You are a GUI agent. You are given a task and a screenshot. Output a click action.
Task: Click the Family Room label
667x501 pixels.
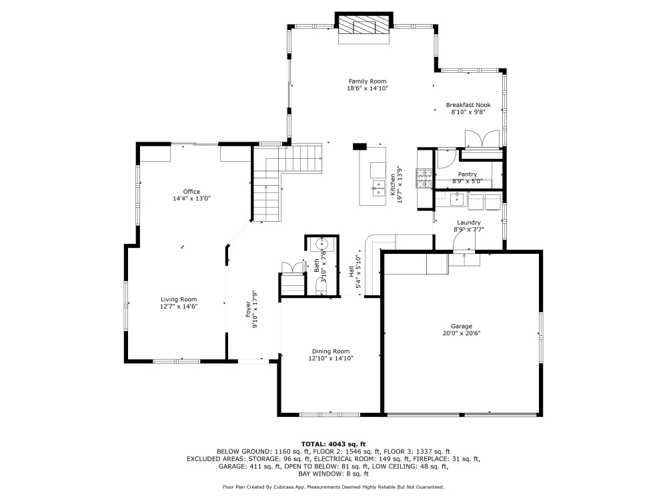point(368,81)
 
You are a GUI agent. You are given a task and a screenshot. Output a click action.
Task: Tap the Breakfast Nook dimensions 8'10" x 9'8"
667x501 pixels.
point(468,112)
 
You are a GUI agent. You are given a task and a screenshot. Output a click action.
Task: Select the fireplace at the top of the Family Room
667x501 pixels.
point(364,27)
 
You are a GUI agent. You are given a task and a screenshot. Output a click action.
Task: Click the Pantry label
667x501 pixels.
point(467,174)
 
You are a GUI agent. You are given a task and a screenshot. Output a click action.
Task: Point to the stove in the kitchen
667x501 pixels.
point(424,178)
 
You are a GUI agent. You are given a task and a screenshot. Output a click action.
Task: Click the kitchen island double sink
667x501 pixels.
point(378,188)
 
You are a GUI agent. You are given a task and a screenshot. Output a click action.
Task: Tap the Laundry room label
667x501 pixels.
point(469,222)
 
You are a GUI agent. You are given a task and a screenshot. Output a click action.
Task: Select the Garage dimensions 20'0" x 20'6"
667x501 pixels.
point(462,333)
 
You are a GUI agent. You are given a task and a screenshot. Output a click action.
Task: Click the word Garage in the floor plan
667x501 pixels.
point(462,327)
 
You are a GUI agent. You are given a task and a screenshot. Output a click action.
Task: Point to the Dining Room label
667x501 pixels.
point(331,351)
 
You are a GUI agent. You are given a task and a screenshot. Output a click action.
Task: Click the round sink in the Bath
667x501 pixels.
point(321,244)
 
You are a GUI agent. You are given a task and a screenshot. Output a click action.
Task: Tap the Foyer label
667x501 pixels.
point(248,309)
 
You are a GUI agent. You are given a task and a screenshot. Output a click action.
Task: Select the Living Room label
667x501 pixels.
point(179,299)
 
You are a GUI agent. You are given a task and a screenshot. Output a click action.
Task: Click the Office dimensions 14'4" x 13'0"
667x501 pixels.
point(191,198)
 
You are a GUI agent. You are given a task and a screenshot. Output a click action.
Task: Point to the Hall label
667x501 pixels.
point(352,272)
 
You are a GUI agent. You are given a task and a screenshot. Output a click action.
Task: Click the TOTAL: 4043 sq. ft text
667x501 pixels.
point(333,444)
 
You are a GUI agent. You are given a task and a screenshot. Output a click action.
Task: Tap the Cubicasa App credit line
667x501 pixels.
point(333,487)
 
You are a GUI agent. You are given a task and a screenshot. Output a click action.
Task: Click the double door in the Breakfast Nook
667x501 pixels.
point(482,139)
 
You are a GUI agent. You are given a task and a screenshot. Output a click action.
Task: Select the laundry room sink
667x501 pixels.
point(456,198)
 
